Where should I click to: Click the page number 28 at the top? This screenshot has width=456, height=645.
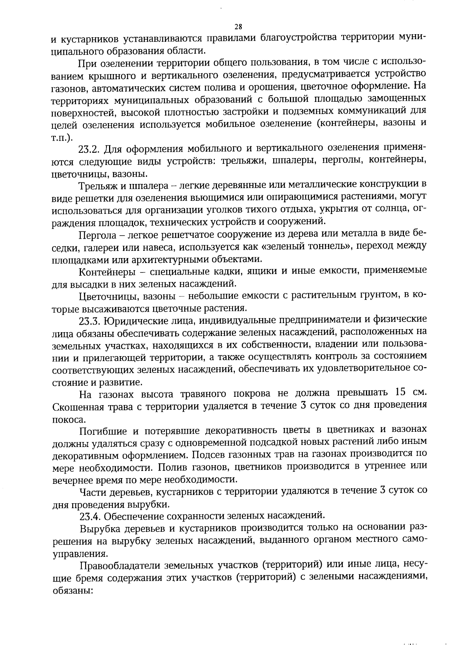coord(238,27)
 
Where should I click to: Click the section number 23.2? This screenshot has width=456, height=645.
coord(90,149)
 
